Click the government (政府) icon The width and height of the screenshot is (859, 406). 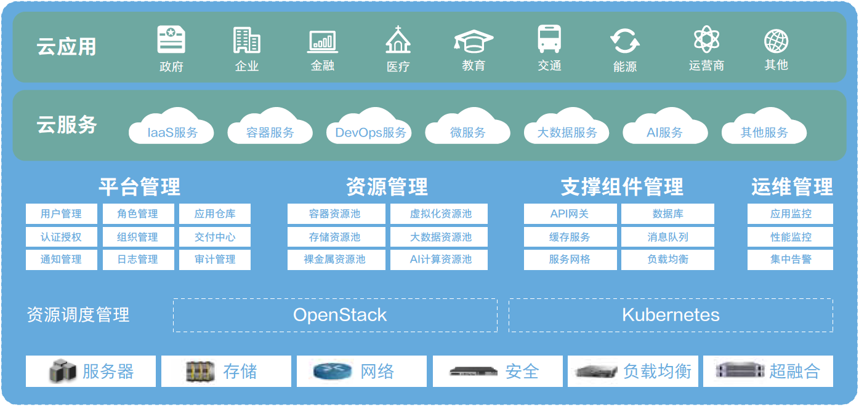click(171, 40)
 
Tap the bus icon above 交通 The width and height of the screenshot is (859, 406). click(549, 39)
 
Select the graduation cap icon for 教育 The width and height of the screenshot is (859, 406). click(474, 41)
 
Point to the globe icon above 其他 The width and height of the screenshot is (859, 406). click(776, 41)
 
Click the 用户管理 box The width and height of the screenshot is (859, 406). click(62, 214)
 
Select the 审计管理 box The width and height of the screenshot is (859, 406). click(215, 260)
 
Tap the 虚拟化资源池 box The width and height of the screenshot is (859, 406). click(440, 214)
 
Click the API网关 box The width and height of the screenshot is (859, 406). click(570, 214)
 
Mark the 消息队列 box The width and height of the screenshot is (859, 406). click(667, 237)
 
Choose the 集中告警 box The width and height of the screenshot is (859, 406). click(790, 260)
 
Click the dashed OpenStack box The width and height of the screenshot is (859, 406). click(335, 315)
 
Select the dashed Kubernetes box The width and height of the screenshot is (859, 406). click(671, 315)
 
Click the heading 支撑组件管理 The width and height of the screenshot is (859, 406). click(622, 186)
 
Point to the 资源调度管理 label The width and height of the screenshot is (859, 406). click(78, 315)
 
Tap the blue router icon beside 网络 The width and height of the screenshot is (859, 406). click(332, 372)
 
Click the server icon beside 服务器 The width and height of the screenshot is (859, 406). click(63, 372)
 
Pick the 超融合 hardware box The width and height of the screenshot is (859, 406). click(768, 371)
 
